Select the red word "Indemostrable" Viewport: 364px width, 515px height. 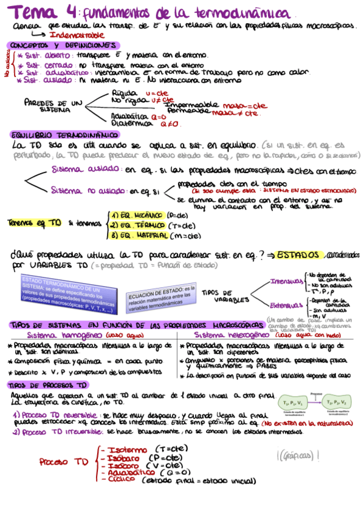74,36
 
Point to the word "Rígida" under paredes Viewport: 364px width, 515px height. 125,92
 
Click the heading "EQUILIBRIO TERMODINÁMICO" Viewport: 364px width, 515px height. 64,134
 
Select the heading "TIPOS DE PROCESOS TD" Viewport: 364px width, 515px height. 48,385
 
